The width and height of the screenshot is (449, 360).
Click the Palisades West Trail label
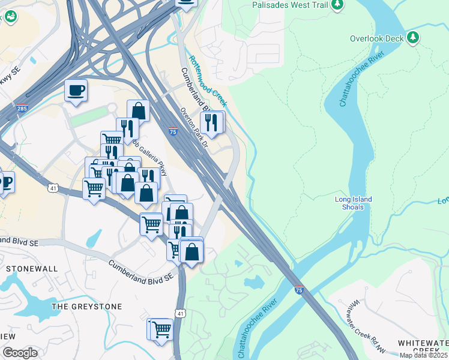pos(291,5)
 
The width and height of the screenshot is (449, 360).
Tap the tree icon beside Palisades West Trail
pos(337,5)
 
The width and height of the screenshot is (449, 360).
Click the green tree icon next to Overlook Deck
pos(412,38)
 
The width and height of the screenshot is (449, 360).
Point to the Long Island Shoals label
pos(354,203)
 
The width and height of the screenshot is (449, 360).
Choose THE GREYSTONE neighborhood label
pos(86,307)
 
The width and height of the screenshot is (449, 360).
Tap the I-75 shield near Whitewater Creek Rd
pos(299,290)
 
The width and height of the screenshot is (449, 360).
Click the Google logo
pos(19,353)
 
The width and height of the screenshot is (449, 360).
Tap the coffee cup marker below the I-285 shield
pos(76,91)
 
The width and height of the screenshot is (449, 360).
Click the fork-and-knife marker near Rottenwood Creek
pos(211,122)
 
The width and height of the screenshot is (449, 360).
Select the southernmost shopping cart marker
pos(161,329)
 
